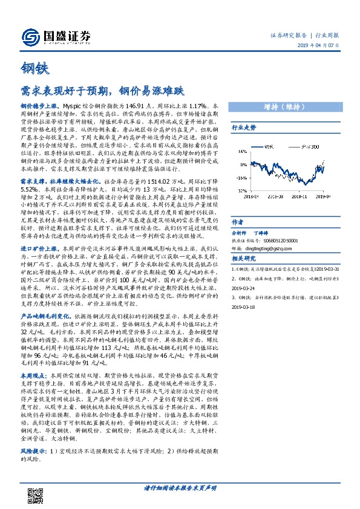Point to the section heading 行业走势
click(244, 128)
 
